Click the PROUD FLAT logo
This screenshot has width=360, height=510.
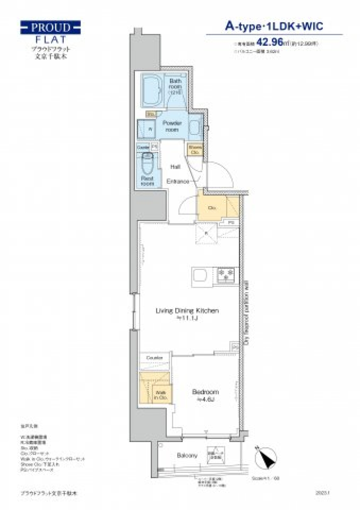pyautogui.click(x=50, y=32)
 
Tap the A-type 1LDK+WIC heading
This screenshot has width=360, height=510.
pyautogui.click(x=274, y=26)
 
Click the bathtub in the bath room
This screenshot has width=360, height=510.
pyautogui.click(x=152, y=90)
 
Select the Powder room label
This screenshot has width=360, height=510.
pyautogui.click(x=172, y=126)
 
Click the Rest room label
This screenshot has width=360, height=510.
pyautogui.click(x=147, y=181)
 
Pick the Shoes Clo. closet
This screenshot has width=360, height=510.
pyautogui.click(x=195, y=150)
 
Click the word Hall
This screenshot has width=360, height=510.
pyautogui.click(x=175, y=167)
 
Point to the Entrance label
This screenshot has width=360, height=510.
pyautogui.click(x=178, y=181)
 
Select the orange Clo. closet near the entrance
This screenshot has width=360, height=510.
pyautogui.click(x=212, y=208)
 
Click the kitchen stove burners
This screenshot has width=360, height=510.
pyautogui.click(x=226, y=275)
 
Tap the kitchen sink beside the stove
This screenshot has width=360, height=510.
pyautogui.click(x=200, y=277)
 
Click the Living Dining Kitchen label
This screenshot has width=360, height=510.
pyautogui.click(x=187, y=311)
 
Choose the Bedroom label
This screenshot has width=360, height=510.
pyautogui.click(x=205, y=392)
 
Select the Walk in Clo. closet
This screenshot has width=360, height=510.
pyautogui.click(x=160, y=394)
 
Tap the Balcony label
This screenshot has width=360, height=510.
pyautogui.click(x=187, y=456)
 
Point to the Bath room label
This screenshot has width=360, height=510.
pyautogui.click(x=175, y=86)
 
